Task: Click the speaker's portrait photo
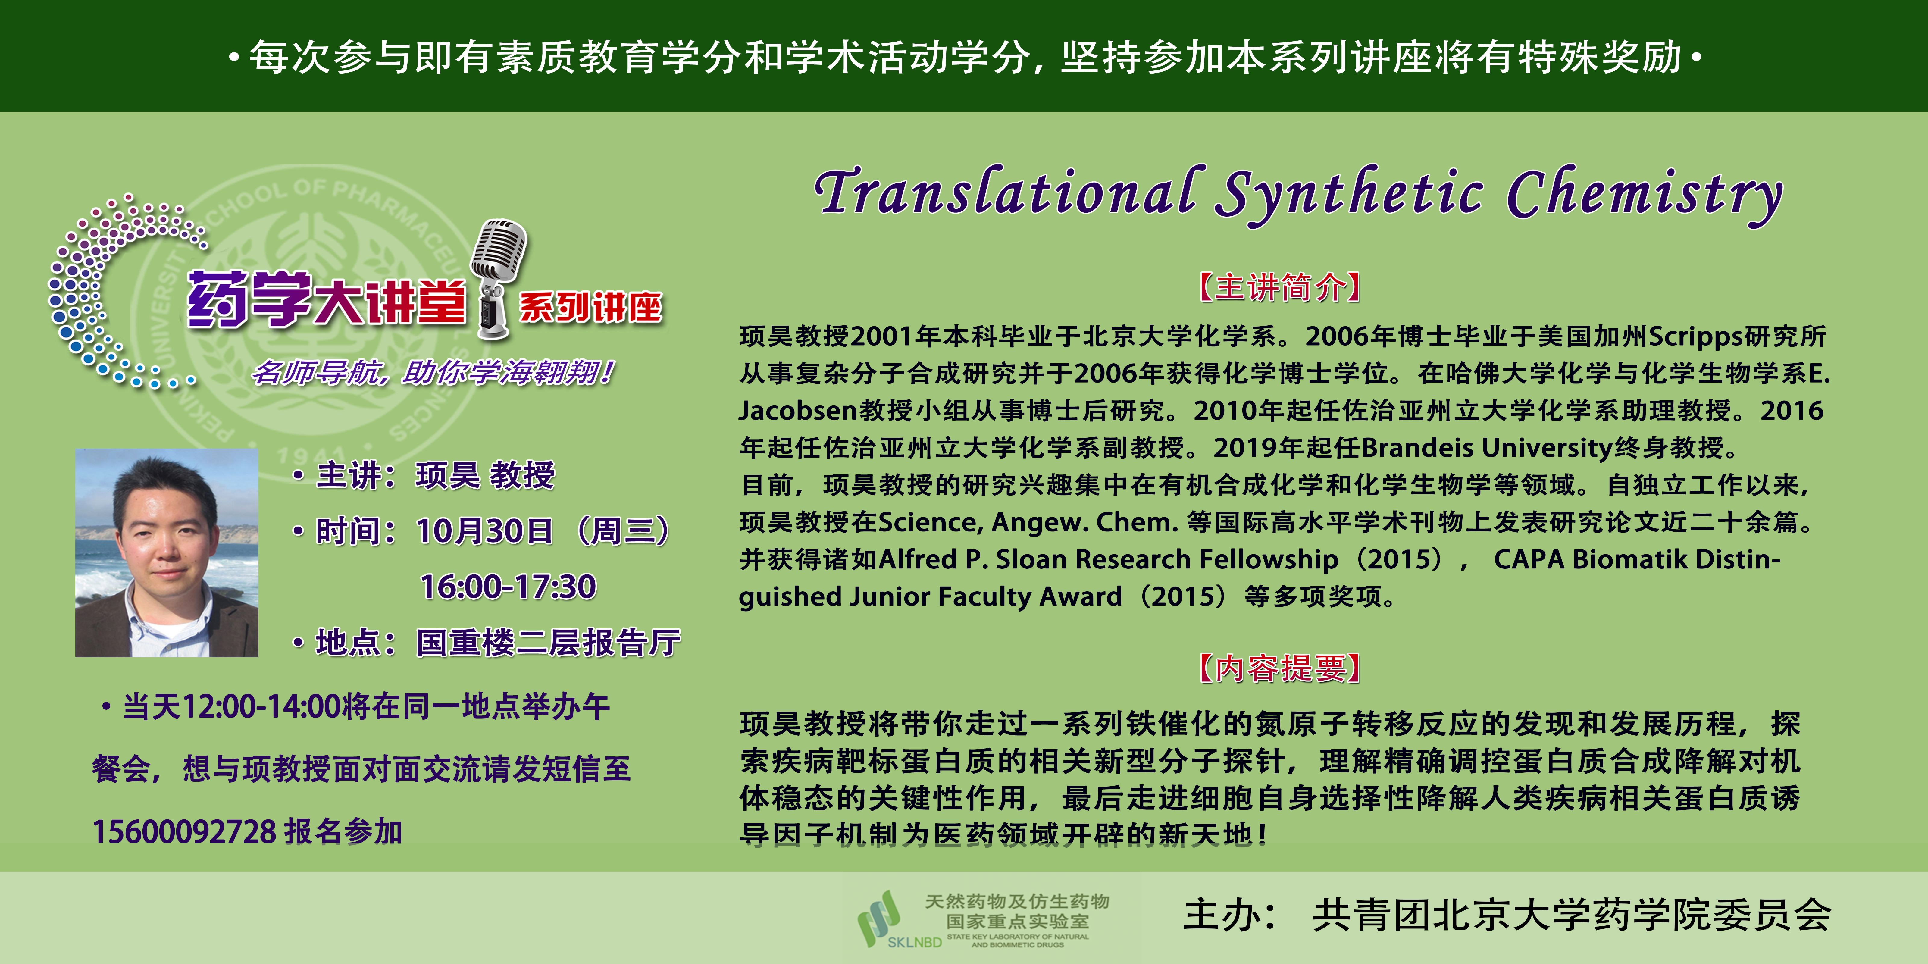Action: (x=167, y=552)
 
